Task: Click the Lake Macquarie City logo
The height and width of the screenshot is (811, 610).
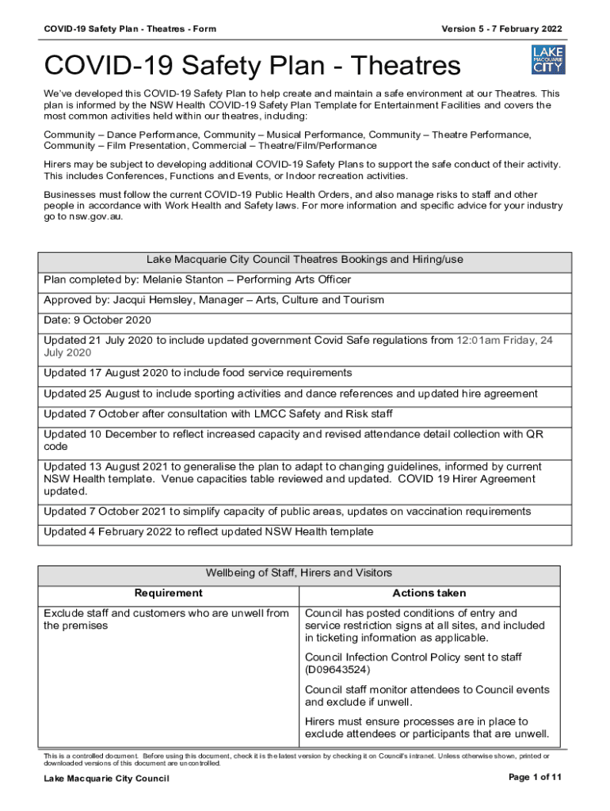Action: [547, 60]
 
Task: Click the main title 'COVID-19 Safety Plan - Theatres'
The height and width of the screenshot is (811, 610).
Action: [251, 66]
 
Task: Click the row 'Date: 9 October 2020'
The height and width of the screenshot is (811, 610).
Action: [97, 320]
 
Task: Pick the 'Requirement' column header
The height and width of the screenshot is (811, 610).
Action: [168, 593]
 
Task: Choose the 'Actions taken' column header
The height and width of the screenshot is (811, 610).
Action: [429, 593]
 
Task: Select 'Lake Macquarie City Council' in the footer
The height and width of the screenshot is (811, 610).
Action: [106, 779]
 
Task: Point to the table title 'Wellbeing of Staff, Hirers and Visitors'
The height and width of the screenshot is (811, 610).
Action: [299, 573]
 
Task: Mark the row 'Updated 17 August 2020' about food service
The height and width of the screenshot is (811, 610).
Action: [198, 373]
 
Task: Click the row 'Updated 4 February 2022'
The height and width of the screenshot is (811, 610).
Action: [208, 531]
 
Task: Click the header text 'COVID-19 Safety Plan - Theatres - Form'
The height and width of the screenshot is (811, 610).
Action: [130, 29]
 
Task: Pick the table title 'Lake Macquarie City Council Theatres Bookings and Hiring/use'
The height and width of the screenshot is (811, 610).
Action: [305, 259]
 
